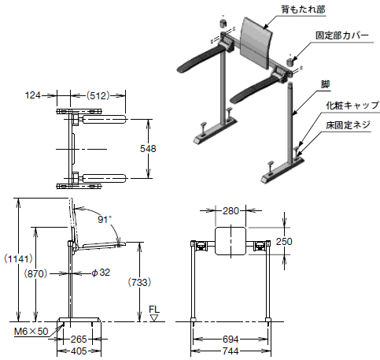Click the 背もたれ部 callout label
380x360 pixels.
[303, 9]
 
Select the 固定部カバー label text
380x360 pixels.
[342, 35]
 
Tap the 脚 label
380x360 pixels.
[325, 84]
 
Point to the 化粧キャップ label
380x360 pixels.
[352, 106]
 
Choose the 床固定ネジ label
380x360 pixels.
[349, 125]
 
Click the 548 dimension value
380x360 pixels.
[148, 149]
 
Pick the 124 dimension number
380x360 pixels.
[33, 95]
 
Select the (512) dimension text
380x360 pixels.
[98, 95]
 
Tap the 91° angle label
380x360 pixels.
[105, 219]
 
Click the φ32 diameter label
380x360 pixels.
[101, 273]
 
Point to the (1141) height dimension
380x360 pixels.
[18, 259]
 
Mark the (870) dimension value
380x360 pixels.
[35, 273]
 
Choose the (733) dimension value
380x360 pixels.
[139, 282]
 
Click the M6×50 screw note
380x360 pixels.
[31, 332]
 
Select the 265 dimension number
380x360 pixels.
[79, 340]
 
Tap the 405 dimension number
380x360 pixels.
[79, 351]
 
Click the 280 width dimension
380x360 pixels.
[231, 210]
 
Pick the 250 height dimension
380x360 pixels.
[284, 241]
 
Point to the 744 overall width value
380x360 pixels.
[231, 351]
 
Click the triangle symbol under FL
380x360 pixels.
[154, 318]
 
